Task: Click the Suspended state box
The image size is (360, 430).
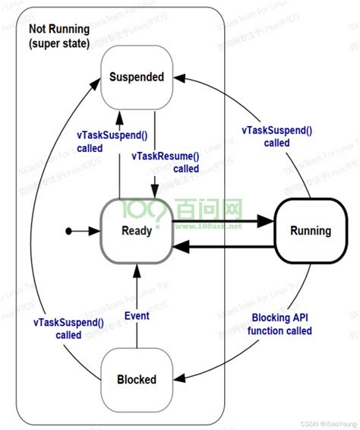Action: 137,77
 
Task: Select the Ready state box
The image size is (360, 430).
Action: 137,231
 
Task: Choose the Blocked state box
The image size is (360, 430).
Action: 137,379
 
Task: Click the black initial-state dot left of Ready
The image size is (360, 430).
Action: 69,231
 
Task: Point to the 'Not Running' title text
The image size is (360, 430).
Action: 58,29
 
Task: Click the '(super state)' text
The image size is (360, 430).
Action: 60,43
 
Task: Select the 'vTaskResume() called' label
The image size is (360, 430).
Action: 166,162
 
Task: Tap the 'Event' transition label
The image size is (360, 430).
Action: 137,316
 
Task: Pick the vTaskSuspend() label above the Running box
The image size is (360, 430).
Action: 276,136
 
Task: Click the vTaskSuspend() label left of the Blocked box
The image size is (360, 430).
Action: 68,328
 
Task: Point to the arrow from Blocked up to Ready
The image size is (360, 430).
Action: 136,304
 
